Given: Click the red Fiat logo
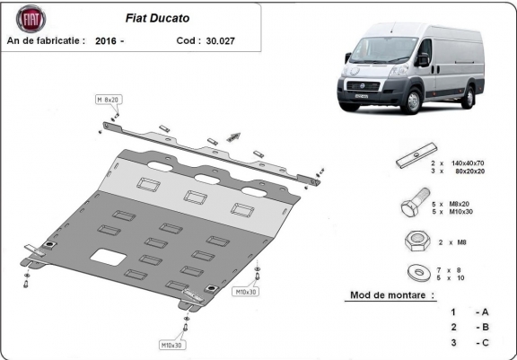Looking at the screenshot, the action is tap(31, 19).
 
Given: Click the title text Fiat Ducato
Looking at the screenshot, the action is tap(157, 18).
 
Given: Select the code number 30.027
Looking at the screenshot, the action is tap(220, 41).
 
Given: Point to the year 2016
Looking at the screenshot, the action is tap(106, 41).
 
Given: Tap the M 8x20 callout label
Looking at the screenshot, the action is tap(109, 100).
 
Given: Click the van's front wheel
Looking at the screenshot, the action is tap(412, 101).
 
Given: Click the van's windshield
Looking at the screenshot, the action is tap(383, 49).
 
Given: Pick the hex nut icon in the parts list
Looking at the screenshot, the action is tap(417, 241).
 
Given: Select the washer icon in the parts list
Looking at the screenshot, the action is tap(419, 273).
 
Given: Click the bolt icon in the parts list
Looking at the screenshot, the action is tap(415, 202).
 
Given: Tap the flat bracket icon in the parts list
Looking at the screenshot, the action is tap(416, 155).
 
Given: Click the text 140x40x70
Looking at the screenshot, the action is tap(468, 163).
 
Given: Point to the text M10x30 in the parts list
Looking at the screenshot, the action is tap(461, 212).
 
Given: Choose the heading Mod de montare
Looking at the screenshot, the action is tap(392, 294).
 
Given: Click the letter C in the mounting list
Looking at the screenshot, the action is tap(485, 343).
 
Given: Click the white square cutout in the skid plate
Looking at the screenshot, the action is tap(108, 257).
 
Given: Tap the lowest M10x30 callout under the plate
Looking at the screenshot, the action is tap(171, 345).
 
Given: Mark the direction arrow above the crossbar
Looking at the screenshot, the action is tap(233, 136).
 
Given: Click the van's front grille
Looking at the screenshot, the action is tap(363, 86).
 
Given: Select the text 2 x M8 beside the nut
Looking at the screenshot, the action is tap(452, 242).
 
